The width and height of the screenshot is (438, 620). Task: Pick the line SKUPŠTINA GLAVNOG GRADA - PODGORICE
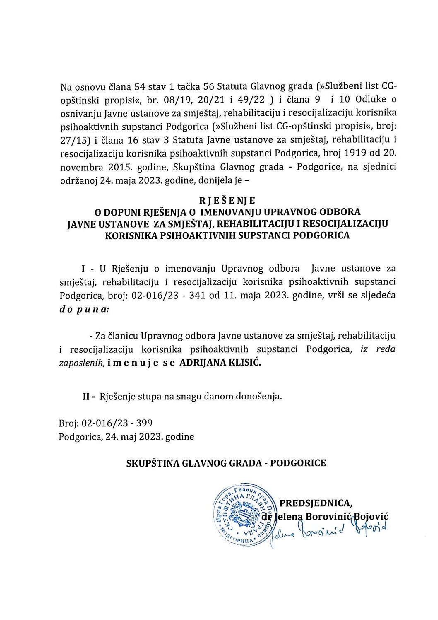[226, 463]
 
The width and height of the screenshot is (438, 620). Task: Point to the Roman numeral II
[86, 396]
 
